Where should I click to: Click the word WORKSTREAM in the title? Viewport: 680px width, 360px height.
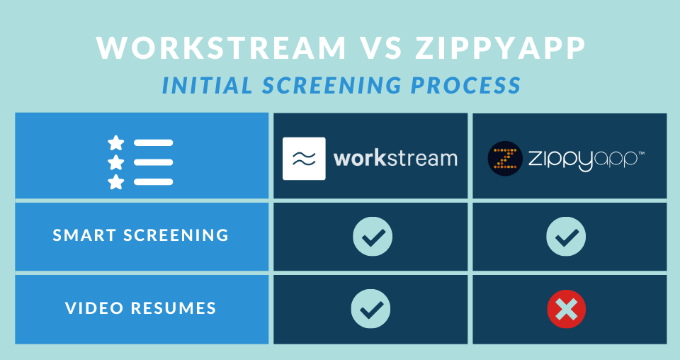(221, 47)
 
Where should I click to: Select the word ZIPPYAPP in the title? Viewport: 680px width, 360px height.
(501, 47)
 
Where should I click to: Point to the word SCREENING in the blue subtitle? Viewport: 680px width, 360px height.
(331, 85)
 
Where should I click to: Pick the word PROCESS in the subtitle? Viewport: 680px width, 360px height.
(466, 85)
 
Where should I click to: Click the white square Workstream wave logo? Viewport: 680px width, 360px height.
(304, 158)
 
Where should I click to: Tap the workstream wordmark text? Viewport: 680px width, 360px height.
(395, 158)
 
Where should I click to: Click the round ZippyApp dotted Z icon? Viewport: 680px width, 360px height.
(505, 158)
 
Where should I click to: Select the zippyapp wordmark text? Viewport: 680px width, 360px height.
(586, 159)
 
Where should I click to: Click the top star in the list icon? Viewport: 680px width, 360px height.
(115, 142)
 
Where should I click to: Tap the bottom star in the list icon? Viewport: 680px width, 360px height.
(115, 181)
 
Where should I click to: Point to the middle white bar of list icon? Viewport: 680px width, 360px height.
(153, 162)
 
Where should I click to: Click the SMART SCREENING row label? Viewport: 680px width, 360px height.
(140, 235)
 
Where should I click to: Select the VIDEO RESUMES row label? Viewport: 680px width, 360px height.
(140, 308)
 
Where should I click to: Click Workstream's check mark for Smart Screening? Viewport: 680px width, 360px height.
(373, 237)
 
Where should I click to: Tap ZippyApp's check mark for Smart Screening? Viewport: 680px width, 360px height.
(566, 237)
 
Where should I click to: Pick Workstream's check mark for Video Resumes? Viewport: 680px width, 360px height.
(370, 309)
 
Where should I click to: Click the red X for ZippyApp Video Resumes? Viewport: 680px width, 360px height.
(567, 309)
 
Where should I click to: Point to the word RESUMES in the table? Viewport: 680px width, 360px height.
(174, 308)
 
